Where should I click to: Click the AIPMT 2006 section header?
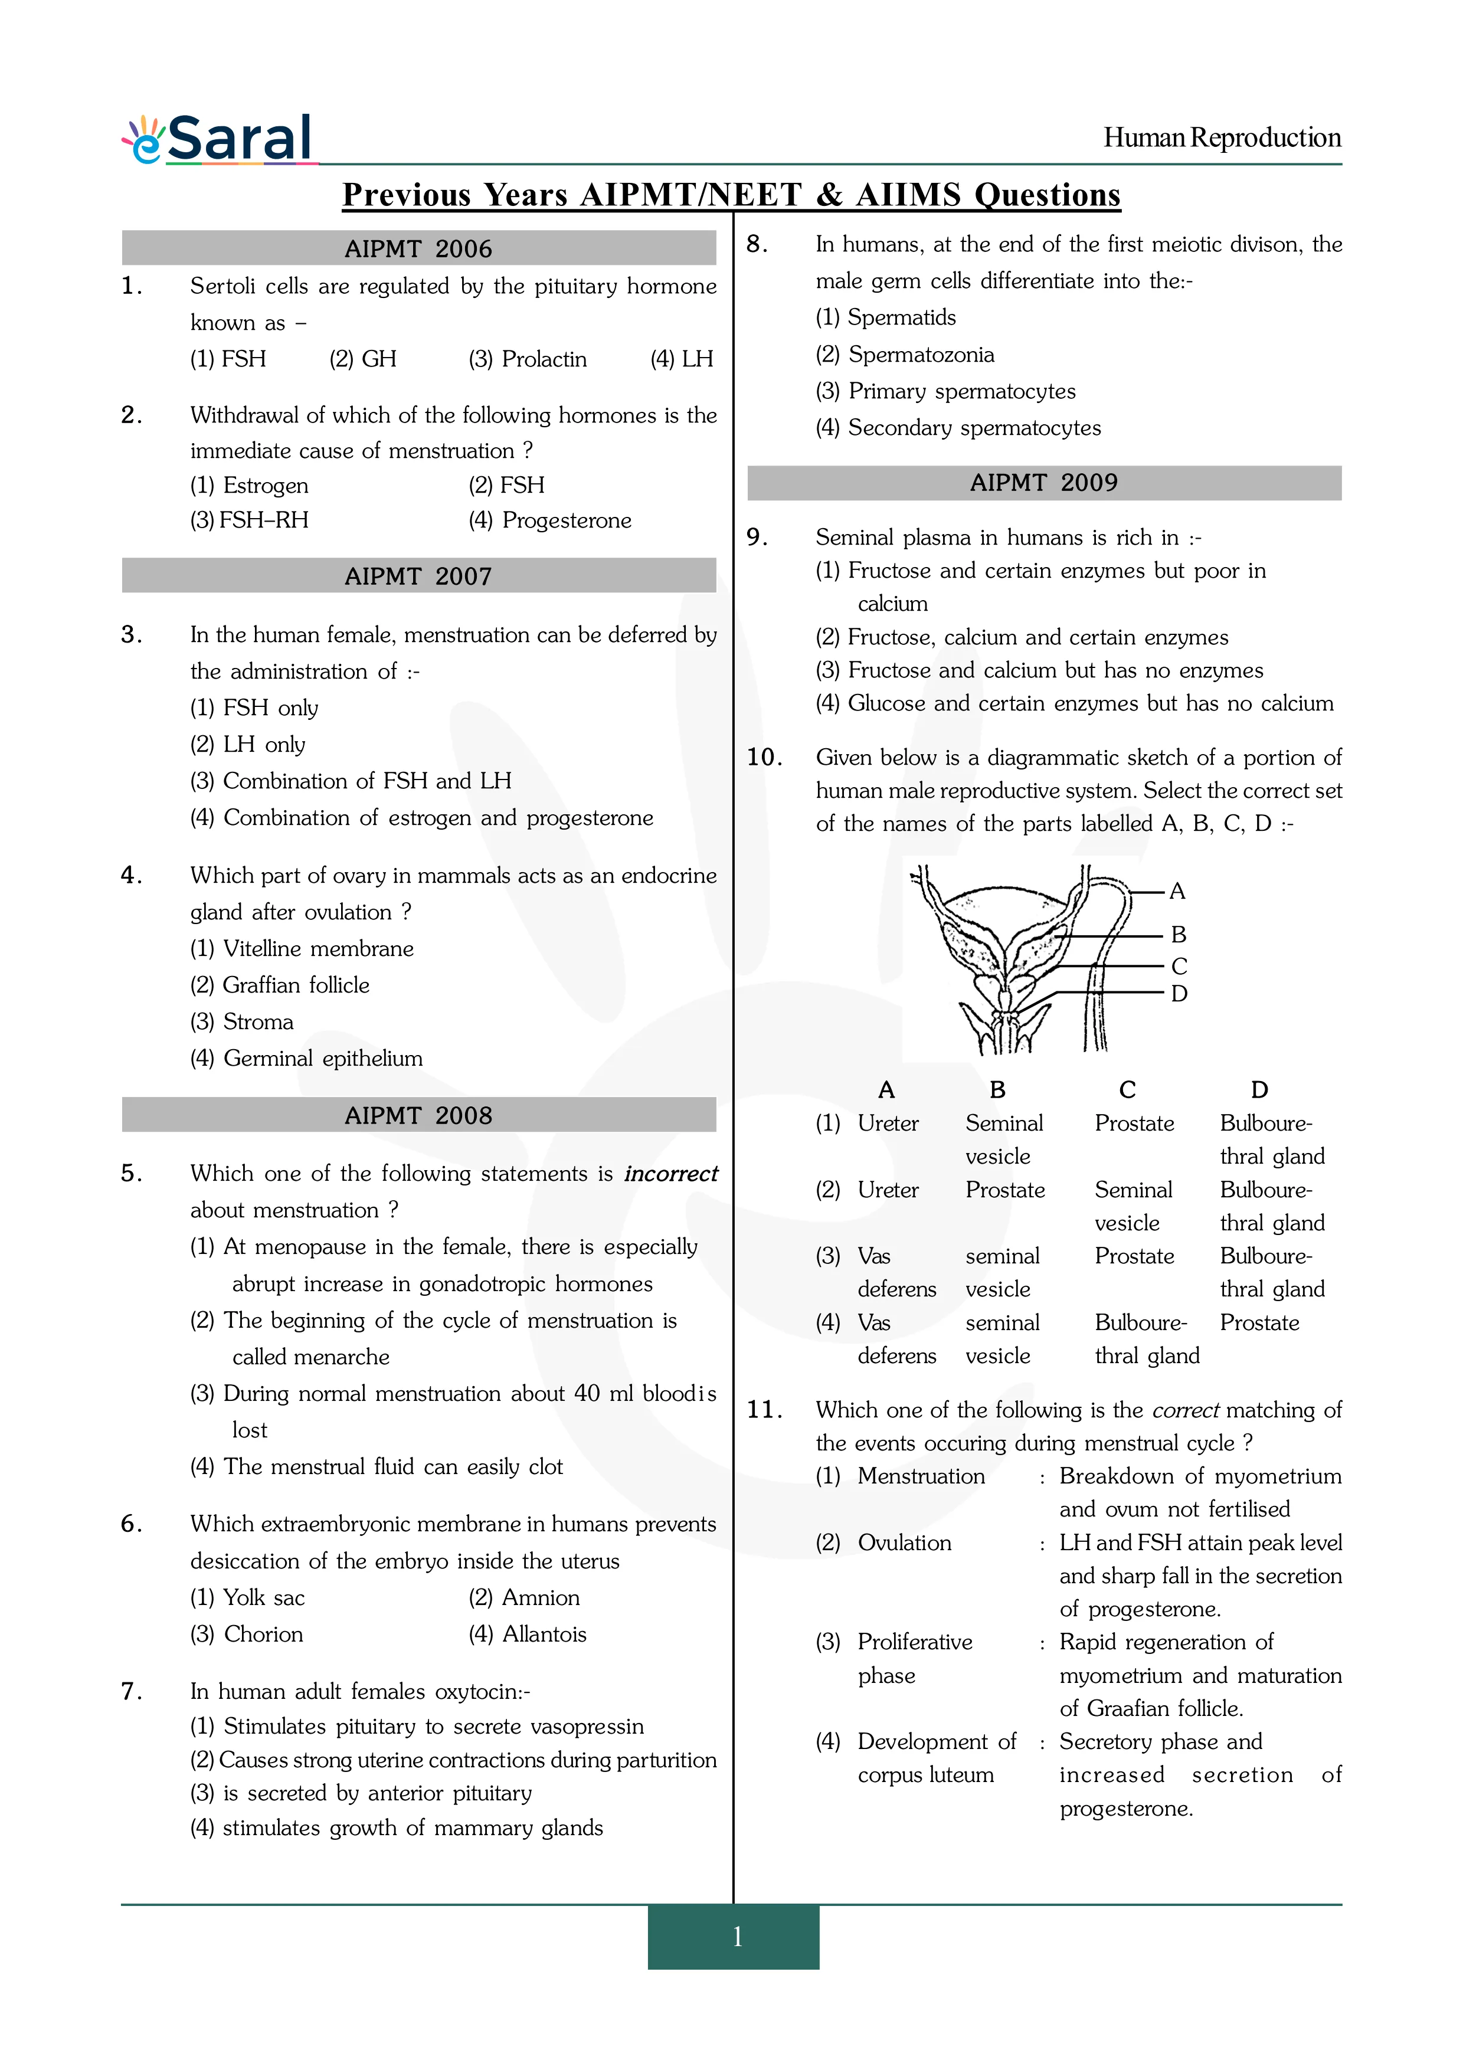pos(418,249)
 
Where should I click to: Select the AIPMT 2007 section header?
pos(418,576)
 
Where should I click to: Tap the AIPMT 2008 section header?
pos(418,1115)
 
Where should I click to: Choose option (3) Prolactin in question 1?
pos(528,359)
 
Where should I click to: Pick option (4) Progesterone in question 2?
pos(550,520)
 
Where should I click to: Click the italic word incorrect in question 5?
pos(670,1174)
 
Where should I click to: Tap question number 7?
pos(132,1691)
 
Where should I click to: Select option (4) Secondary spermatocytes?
pos(958,428)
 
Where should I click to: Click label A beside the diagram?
pos(1177,892)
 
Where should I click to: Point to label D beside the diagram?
pos(1179,994)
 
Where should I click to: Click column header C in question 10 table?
pos(1127,1090)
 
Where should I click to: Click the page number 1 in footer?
pos(737,1937)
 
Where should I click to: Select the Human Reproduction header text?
pos(1222,138)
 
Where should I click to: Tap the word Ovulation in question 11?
pos(904,1542)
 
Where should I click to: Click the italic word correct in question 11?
pos(1186,1410)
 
